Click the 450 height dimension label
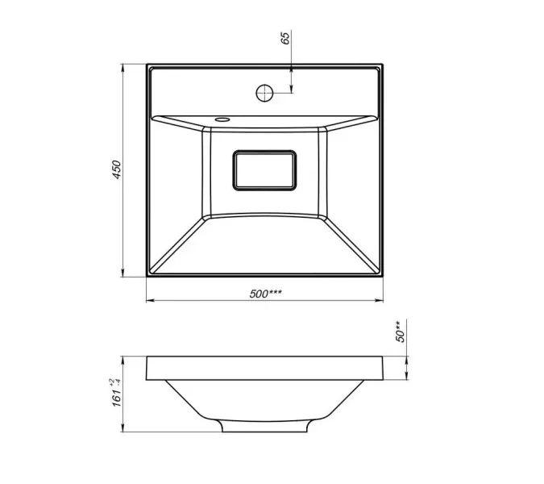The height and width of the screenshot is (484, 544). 117,169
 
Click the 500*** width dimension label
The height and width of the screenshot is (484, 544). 265,294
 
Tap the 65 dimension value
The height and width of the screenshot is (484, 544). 284,38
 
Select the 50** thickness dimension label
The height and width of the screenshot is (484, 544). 400,332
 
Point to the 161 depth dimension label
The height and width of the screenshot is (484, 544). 117,398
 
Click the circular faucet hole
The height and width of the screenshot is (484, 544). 264,93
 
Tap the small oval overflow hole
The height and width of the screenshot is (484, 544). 222,119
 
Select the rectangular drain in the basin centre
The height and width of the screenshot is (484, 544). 264,170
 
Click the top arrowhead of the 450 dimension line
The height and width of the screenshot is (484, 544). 123,68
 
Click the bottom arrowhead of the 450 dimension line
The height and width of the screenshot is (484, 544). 123,273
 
